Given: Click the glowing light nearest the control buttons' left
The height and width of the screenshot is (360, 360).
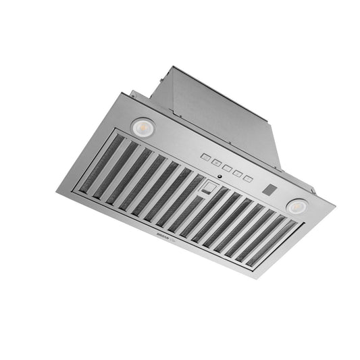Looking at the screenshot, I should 143,126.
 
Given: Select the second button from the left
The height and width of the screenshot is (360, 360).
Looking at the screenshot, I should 215,161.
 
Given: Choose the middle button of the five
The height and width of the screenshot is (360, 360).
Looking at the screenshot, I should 226,166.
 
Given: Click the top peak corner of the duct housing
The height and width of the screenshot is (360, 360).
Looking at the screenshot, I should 174,66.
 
